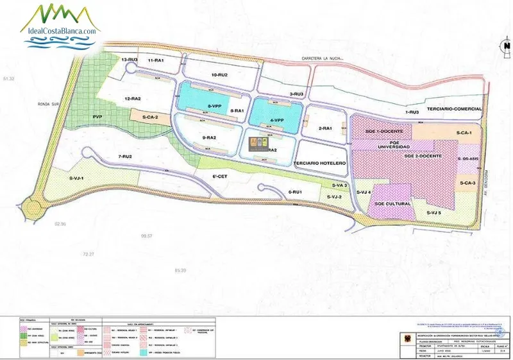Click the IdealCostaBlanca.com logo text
[x=61, y=30]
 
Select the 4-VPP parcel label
[x=276, y=120]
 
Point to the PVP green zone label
[x=97, y=117]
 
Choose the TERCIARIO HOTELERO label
[x=320, y=164]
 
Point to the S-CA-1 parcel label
[x=464, y=133]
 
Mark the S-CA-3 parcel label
[x=468, y=183]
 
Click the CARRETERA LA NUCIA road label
[x=323, y=60]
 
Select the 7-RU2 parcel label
[x=124, y=157]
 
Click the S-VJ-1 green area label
[x=81, y=177]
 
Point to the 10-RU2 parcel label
[x=219, y=75]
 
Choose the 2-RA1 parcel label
[x=326, y=128]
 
